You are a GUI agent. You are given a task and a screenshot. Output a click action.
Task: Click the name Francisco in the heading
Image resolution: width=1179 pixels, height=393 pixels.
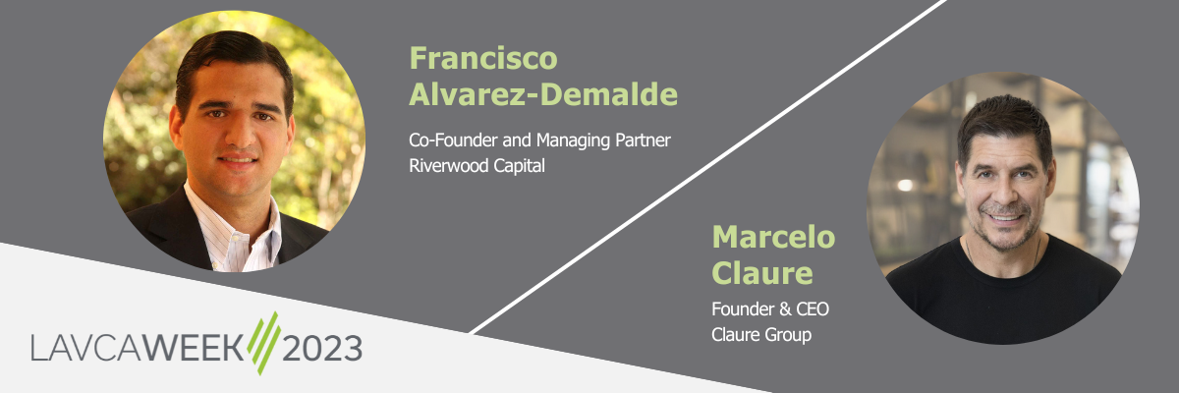click(x=483, y=58)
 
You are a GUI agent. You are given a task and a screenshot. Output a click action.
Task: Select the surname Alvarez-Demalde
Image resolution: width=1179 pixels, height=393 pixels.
click(x=543, y=94)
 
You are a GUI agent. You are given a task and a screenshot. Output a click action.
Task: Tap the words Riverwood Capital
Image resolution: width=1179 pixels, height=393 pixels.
click(x=477, y=166)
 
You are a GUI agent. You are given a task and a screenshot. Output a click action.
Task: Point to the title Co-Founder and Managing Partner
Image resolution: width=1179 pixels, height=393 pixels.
click(x=539, y=140)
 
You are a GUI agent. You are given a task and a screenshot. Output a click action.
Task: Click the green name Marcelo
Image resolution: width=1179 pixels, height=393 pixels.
click(x=773, y=237)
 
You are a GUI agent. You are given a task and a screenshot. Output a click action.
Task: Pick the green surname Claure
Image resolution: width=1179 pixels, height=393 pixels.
click(x=762, y=272)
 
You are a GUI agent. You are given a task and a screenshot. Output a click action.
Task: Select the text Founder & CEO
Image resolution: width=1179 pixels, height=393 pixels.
click(x=770, y=309)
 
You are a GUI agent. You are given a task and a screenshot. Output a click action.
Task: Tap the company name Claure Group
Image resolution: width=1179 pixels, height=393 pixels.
click(x=761, y=335)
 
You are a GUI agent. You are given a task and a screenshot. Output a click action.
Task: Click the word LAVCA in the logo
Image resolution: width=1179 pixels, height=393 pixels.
click(x=86, y=347)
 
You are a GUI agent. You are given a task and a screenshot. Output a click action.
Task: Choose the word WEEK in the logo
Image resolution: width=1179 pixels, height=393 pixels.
click(x=194, y=347)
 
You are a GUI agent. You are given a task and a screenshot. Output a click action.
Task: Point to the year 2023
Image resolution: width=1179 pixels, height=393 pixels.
click(x=322, y=348)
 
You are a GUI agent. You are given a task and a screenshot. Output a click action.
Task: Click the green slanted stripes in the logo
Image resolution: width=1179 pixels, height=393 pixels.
click(x=263, y=343)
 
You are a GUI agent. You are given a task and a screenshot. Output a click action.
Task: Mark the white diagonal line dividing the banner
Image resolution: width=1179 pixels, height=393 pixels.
click(x=707, y=167)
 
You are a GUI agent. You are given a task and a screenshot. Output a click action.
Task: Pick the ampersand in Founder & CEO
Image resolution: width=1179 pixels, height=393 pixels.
click(x=785, y=309)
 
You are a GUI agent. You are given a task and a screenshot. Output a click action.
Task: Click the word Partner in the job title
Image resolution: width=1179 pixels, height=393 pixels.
click(x=644, y=140)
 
